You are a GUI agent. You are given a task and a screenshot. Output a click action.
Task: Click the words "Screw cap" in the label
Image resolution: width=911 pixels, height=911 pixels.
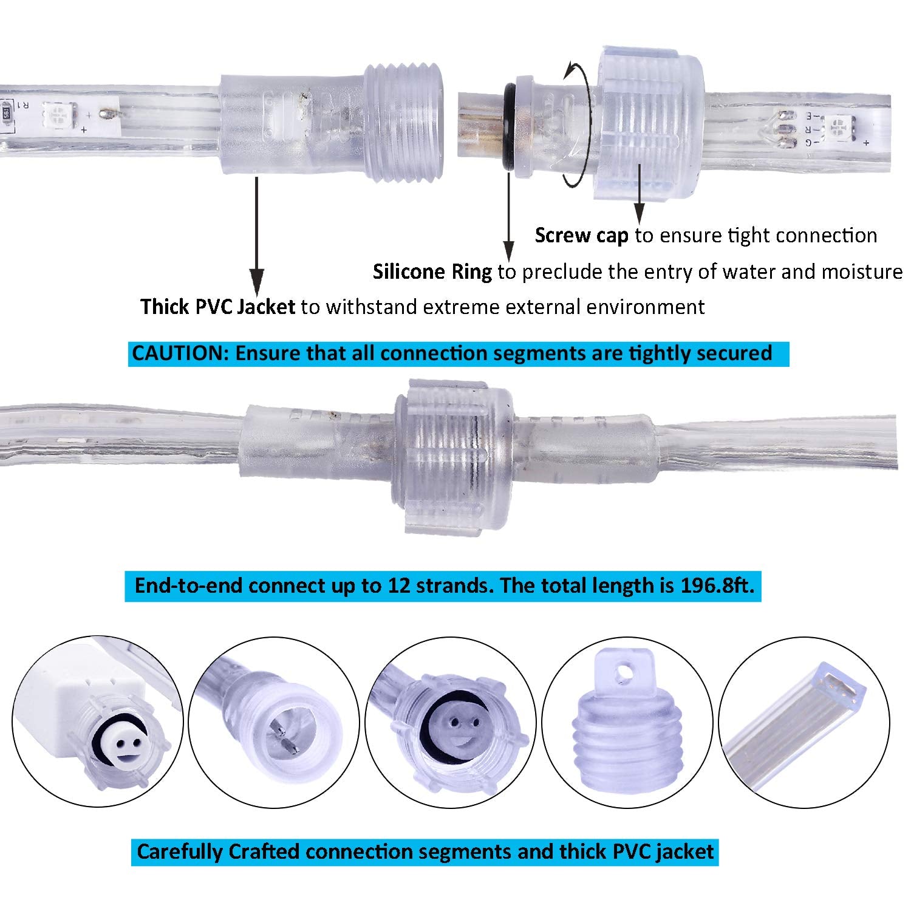coord(581,236)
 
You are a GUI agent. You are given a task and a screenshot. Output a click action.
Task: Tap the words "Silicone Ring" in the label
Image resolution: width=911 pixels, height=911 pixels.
coord(432,271)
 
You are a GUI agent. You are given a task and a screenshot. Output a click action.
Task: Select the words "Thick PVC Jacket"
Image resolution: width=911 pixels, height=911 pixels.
coord(218,307)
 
